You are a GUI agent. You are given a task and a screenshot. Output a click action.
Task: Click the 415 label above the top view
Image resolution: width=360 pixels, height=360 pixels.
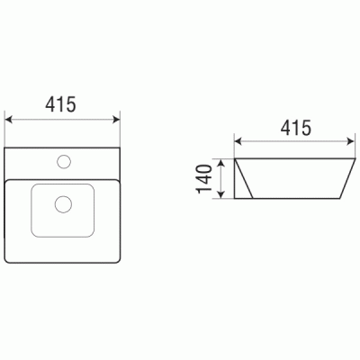point(61,104)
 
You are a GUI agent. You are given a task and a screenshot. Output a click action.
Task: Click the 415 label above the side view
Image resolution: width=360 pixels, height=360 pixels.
point(296,128)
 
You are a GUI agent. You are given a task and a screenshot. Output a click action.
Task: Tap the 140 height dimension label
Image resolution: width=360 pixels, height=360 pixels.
point(204,179)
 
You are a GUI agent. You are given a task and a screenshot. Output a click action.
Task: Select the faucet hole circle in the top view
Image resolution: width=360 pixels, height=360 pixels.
point(64,161)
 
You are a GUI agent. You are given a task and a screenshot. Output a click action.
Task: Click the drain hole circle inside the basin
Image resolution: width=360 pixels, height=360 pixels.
point(63,204)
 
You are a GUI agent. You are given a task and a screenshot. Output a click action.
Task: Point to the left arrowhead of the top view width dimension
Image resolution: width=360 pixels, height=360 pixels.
point(9,120)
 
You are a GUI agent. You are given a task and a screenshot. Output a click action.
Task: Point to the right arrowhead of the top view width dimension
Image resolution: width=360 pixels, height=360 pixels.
point(116,120)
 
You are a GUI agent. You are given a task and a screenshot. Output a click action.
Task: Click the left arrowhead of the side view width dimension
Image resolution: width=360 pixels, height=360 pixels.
point(238,141)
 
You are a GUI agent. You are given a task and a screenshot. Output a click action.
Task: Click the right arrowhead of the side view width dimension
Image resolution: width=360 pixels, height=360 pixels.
point(350,141)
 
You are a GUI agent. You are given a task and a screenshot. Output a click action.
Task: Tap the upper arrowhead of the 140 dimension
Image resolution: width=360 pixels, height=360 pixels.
point(221,163)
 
